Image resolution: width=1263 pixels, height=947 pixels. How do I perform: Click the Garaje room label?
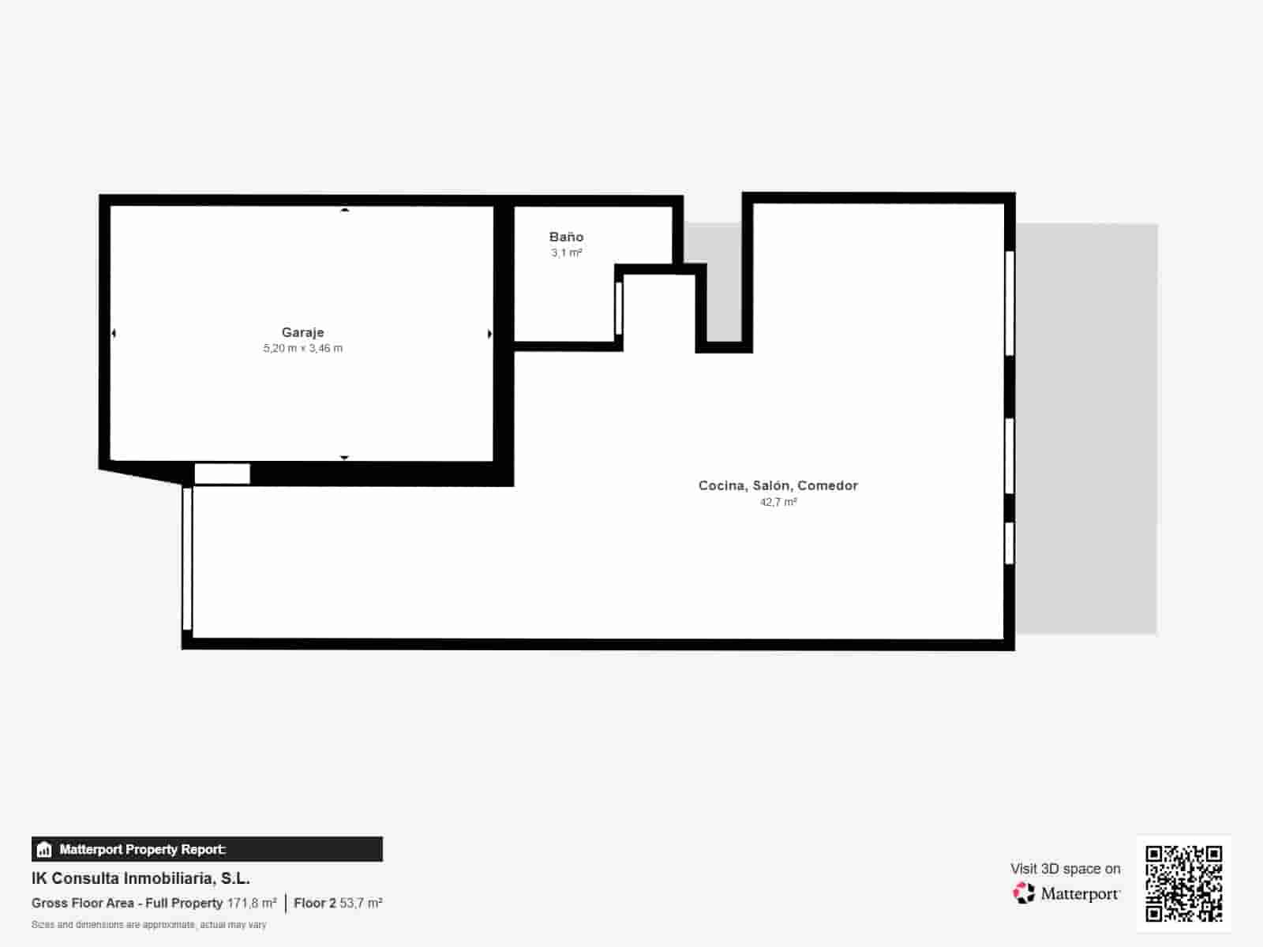302,332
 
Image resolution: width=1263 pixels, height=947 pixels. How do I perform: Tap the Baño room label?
566,237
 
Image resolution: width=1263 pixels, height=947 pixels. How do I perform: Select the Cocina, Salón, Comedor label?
778,485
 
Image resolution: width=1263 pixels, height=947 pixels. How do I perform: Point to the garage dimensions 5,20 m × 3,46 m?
302,348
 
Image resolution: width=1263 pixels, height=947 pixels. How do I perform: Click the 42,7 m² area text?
778,502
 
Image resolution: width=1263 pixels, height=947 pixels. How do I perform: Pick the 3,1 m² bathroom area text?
566,253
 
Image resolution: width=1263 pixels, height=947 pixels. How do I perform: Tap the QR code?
1183,883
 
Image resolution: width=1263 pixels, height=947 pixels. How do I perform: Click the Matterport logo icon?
1024,893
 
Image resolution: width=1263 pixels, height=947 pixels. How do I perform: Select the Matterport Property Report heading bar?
207,849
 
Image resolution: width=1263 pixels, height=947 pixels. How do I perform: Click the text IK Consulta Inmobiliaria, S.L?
141,878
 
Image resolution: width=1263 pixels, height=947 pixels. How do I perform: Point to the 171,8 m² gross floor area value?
252,903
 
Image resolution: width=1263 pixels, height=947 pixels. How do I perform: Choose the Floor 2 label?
314,903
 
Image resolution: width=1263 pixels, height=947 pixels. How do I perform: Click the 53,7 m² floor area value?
361,903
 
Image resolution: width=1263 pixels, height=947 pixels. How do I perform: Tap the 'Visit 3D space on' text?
1065,868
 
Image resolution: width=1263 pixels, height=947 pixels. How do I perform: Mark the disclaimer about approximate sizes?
148,924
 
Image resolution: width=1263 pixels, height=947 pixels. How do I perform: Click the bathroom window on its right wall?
619,308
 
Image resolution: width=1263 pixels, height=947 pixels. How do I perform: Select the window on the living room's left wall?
187,558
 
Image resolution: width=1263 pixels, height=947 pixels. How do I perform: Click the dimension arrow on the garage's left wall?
114,334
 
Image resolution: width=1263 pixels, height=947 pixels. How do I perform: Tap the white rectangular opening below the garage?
222,473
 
